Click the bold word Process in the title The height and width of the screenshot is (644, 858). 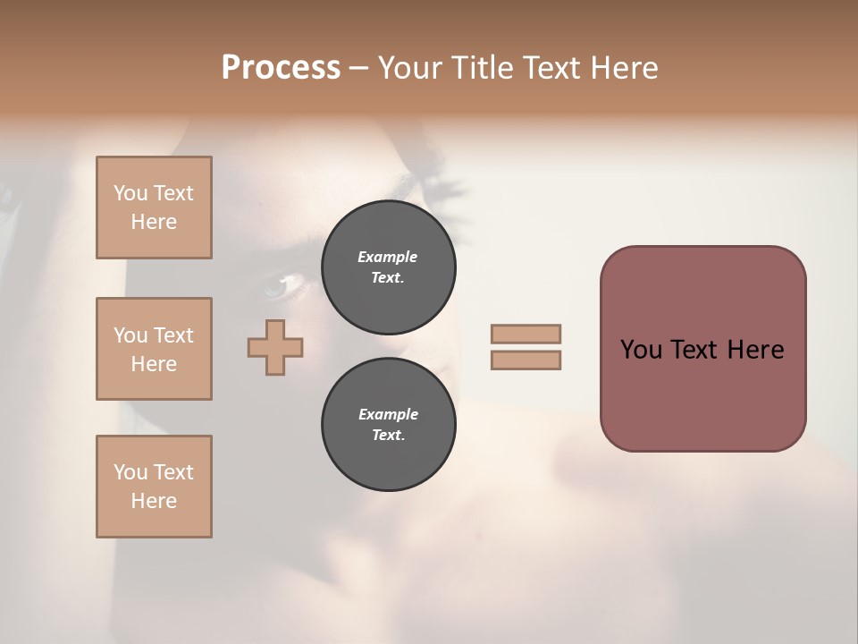coord(281,68)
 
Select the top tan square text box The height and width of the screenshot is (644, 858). coord(154,208)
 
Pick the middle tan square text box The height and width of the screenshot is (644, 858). coord(154,349)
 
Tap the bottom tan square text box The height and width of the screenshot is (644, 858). coord(154,487)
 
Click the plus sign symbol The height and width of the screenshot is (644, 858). coord(275,347)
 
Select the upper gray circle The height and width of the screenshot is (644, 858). coord(388,267)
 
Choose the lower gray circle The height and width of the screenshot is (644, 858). coord(388,425)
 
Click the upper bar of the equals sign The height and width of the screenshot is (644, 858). coord(526,334)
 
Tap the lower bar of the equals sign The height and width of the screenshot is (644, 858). coord(526,360)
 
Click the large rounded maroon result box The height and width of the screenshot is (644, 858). coord(702,394)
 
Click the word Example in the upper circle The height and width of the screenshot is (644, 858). coord(388,257)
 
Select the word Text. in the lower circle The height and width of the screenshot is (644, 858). coord(388,436)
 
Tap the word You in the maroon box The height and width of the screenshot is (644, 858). coord(641,350)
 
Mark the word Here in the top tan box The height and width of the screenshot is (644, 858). coord(154,222)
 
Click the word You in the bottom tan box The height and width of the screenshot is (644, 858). coord(130,472)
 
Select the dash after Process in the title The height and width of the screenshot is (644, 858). coord(358,68)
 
